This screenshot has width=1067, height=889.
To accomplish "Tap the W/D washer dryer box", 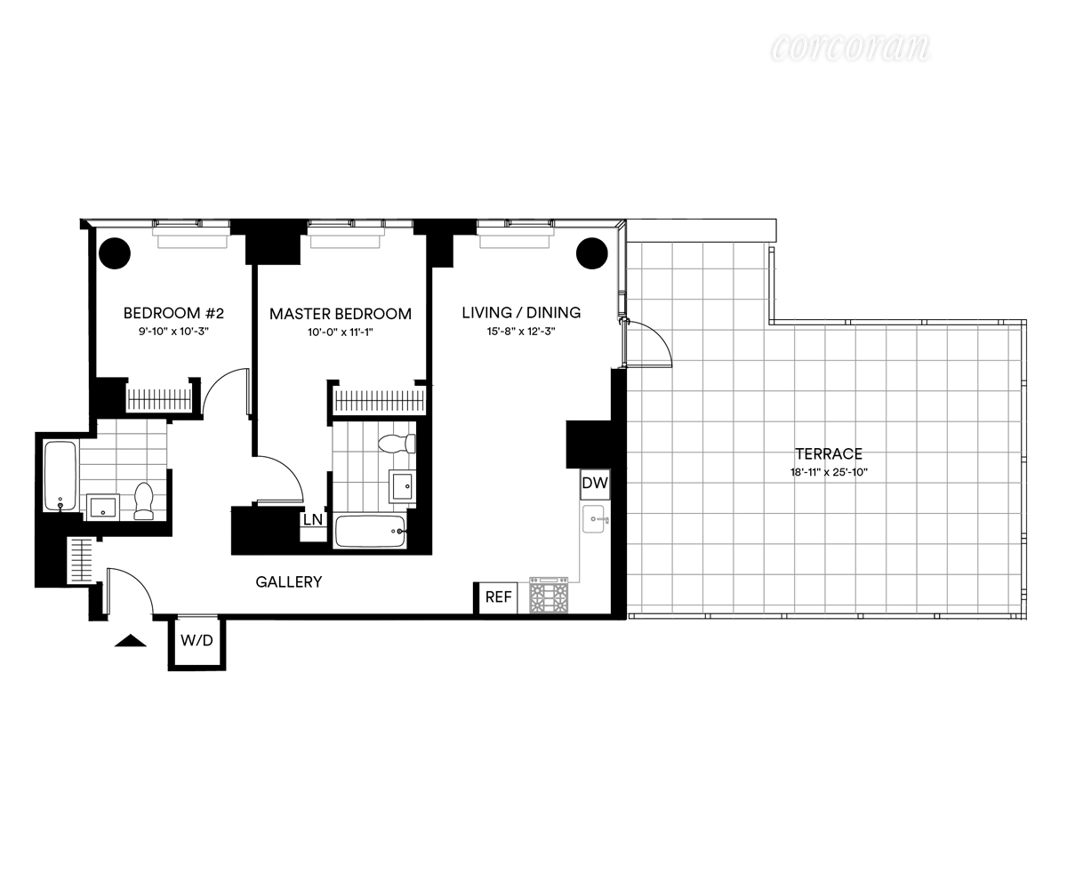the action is click(x=197, y=641).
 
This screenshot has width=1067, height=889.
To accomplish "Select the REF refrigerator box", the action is click(x=498, y=597).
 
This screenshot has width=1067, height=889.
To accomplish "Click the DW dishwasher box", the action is click(x=596, y=483).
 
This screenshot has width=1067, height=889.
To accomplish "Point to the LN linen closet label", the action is click(x=313, y=519).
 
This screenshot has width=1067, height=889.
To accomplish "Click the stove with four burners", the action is click(x=549, y=596).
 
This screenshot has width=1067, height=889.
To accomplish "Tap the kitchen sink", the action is click(x=595, y=519).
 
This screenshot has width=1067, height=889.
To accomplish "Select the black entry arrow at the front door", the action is click(x=131, y=640).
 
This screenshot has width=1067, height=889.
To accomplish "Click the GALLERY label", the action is click(x=289, y=582).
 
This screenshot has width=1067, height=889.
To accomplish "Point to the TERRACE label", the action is click(x=829, y=453).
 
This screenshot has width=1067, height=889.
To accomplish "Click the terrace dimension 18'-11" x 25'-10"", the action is click(x=829, y=472).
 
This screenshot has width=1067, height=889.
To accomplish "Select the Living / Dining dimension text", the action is click(x=521, y=331).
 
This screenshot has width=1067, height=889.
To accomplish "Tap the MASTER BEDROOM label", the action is click(x=341, y=314).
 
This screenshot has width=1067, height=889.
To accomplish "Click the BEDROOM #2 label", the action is click(x=173, y=313).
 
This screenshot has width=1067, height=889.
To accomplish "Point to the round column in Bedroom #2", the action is click(x=115, y=253).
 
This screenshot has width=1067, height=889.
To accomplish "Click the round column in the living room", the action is click(x=592, y=253).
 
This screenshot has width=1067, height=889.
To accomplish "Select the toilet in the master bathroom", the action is click(x=397, y=444).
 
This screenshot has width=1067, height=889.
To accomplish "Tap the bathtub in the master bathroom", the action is click(x=371, y=532).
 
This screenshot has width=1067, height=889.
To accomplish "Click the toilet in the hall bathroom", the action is click(x=143, y=501).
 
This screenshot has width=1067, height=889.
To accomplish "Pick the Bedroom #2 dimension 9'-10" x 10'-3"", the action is click(x=173, y=331).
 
